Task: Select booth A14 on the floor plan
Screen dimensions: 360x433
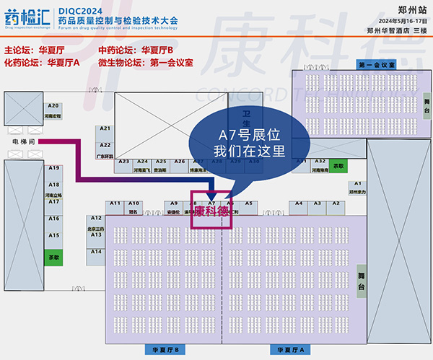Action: click(96, 251)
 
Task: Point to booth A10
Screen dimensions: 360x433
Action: click(133, 207)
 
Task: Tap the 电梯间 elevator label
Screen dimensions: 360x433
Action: click(24, 141)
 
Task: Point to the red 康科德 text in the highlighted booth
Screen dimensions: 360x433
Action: click(211, 212)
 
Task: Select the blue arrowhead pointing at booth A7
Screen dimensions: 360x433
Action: click(211, 193)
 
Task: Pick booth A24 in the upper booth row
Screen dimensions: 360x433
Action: click(143, 166)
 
